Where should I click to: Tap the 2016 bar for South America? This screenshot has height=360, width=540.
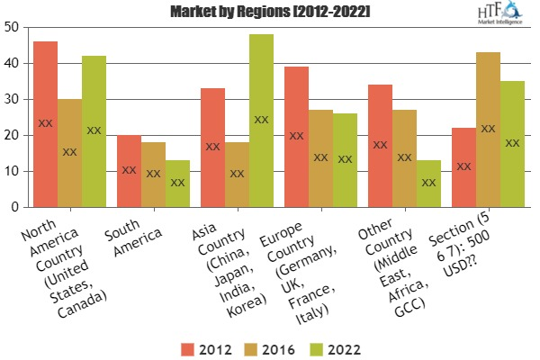pos(153,175)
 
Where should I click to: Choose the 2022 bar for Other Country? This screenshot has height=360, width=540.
pos(429,184)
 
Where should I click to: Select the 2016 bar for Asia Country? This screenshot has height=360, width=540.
pos(237,175)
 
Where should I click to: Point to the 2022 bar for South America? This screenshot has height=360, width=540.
pos(177,184)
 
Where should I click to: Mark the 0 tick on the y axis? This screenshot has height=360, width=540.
pos(16,207)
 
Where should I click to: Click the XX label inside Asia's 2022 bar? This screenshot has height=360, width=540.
pos(261,120)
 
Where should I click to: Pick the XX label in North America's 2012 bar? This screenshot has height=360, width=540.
pos(45,123)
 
